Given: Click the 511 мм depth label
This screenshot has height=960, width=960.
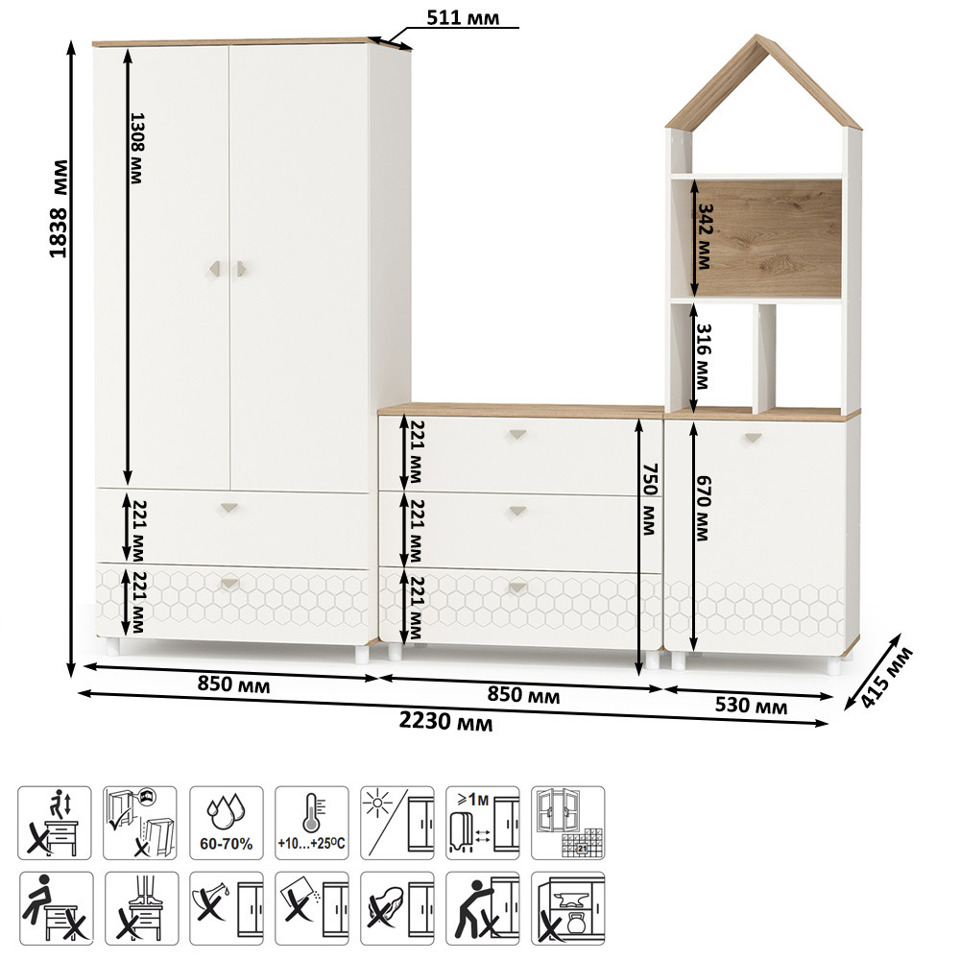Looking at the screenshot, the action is tap(463, 17).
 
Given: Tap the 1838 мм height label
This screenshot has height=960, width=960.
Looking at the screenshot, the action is tap(60, 208).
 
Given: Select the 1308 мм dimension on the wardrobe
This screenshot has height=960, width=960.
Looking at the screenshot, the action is tap(136, 148).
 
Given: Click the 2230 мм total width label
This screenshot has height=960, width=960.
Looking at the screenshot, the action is tap(445, 721).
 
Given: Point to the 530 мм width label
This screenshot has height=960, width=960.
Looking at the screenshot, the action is tap(752, 706).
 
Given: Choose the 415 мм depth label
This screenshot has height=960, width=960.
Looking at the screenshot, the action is tap(886, 677).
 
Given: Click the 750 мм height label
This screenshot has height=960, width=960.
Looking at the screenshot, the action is tap(650, 499).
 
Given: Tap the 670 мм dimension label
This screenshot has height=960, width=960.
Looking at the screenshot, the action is tap(703, 508).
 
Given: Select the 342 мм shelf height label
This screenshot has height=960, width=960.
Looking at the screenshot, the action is tap(705, 237).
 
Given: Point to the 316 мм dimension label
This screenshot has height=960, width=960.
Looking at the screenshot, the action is tap(703, 356).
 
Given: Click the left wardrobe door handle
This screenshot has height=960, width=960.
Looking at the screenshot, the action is tap(215, 268).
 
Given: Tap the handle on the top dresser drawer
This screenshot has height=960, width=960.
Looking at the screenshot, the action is tap(518, 435).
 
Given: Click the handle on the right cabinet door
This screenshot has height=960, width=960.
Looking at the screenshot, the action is tap(753, 438).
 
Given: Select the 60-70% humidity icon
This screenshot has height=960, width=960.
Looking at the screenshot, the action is tap(227, 823).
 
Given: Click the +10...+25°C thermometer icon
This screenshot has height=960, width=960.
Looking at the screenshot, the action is tap(312, 823).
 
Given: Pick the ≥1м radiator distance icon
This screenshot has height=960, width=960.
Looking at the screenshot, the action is tap(483, 823).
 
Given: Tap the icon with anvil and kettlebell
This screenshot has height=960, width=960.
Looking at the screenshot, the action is tap(567, 908).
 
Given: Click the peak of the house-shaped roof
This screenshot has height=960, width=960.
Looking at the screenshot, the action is tap(757, 35).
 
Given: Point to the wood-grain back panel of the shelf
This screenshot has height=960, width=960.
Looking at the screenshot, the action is tap(768, 239).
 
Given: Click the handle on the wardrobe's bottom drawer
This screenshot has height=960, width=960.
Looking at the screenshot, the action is tap(230, 583).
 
